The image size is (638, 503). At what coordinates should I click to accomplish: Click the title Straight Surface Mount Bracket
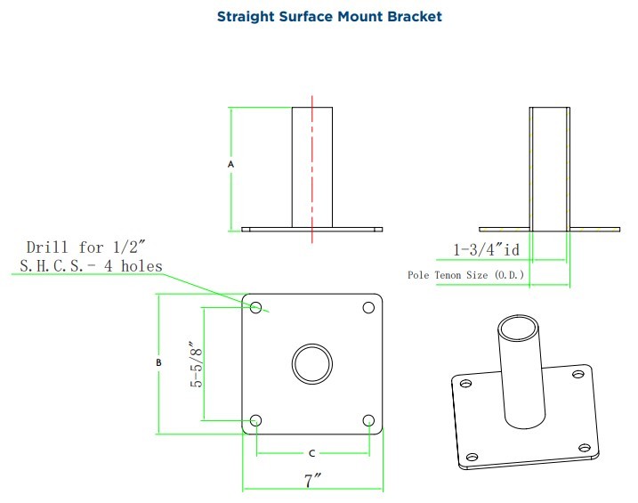[x=329, y=17]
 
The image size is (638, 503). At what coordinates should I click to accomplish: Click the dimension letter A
[x=230, y=165]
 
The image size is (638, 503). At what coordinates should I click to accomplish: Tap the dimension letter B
[x=158, y=362]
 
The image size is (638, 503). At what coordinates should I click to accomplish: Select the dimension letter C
[x=312, y=453]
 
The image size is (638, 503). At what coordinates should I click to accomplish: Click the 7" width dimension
[x=313, y=481]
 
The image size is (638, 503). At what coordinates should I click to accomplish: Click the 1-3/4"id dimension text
[x=486, y=249]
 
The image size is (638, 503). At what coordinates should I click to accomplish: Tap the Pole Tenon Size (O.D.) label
[x=466, y=275]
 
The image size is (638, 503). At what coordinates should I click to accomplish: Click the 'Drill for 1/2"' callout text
[x=85, y=247]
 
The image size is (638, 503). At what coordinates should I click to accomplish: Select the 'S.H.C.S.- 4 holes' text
[x=91, y=266]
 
